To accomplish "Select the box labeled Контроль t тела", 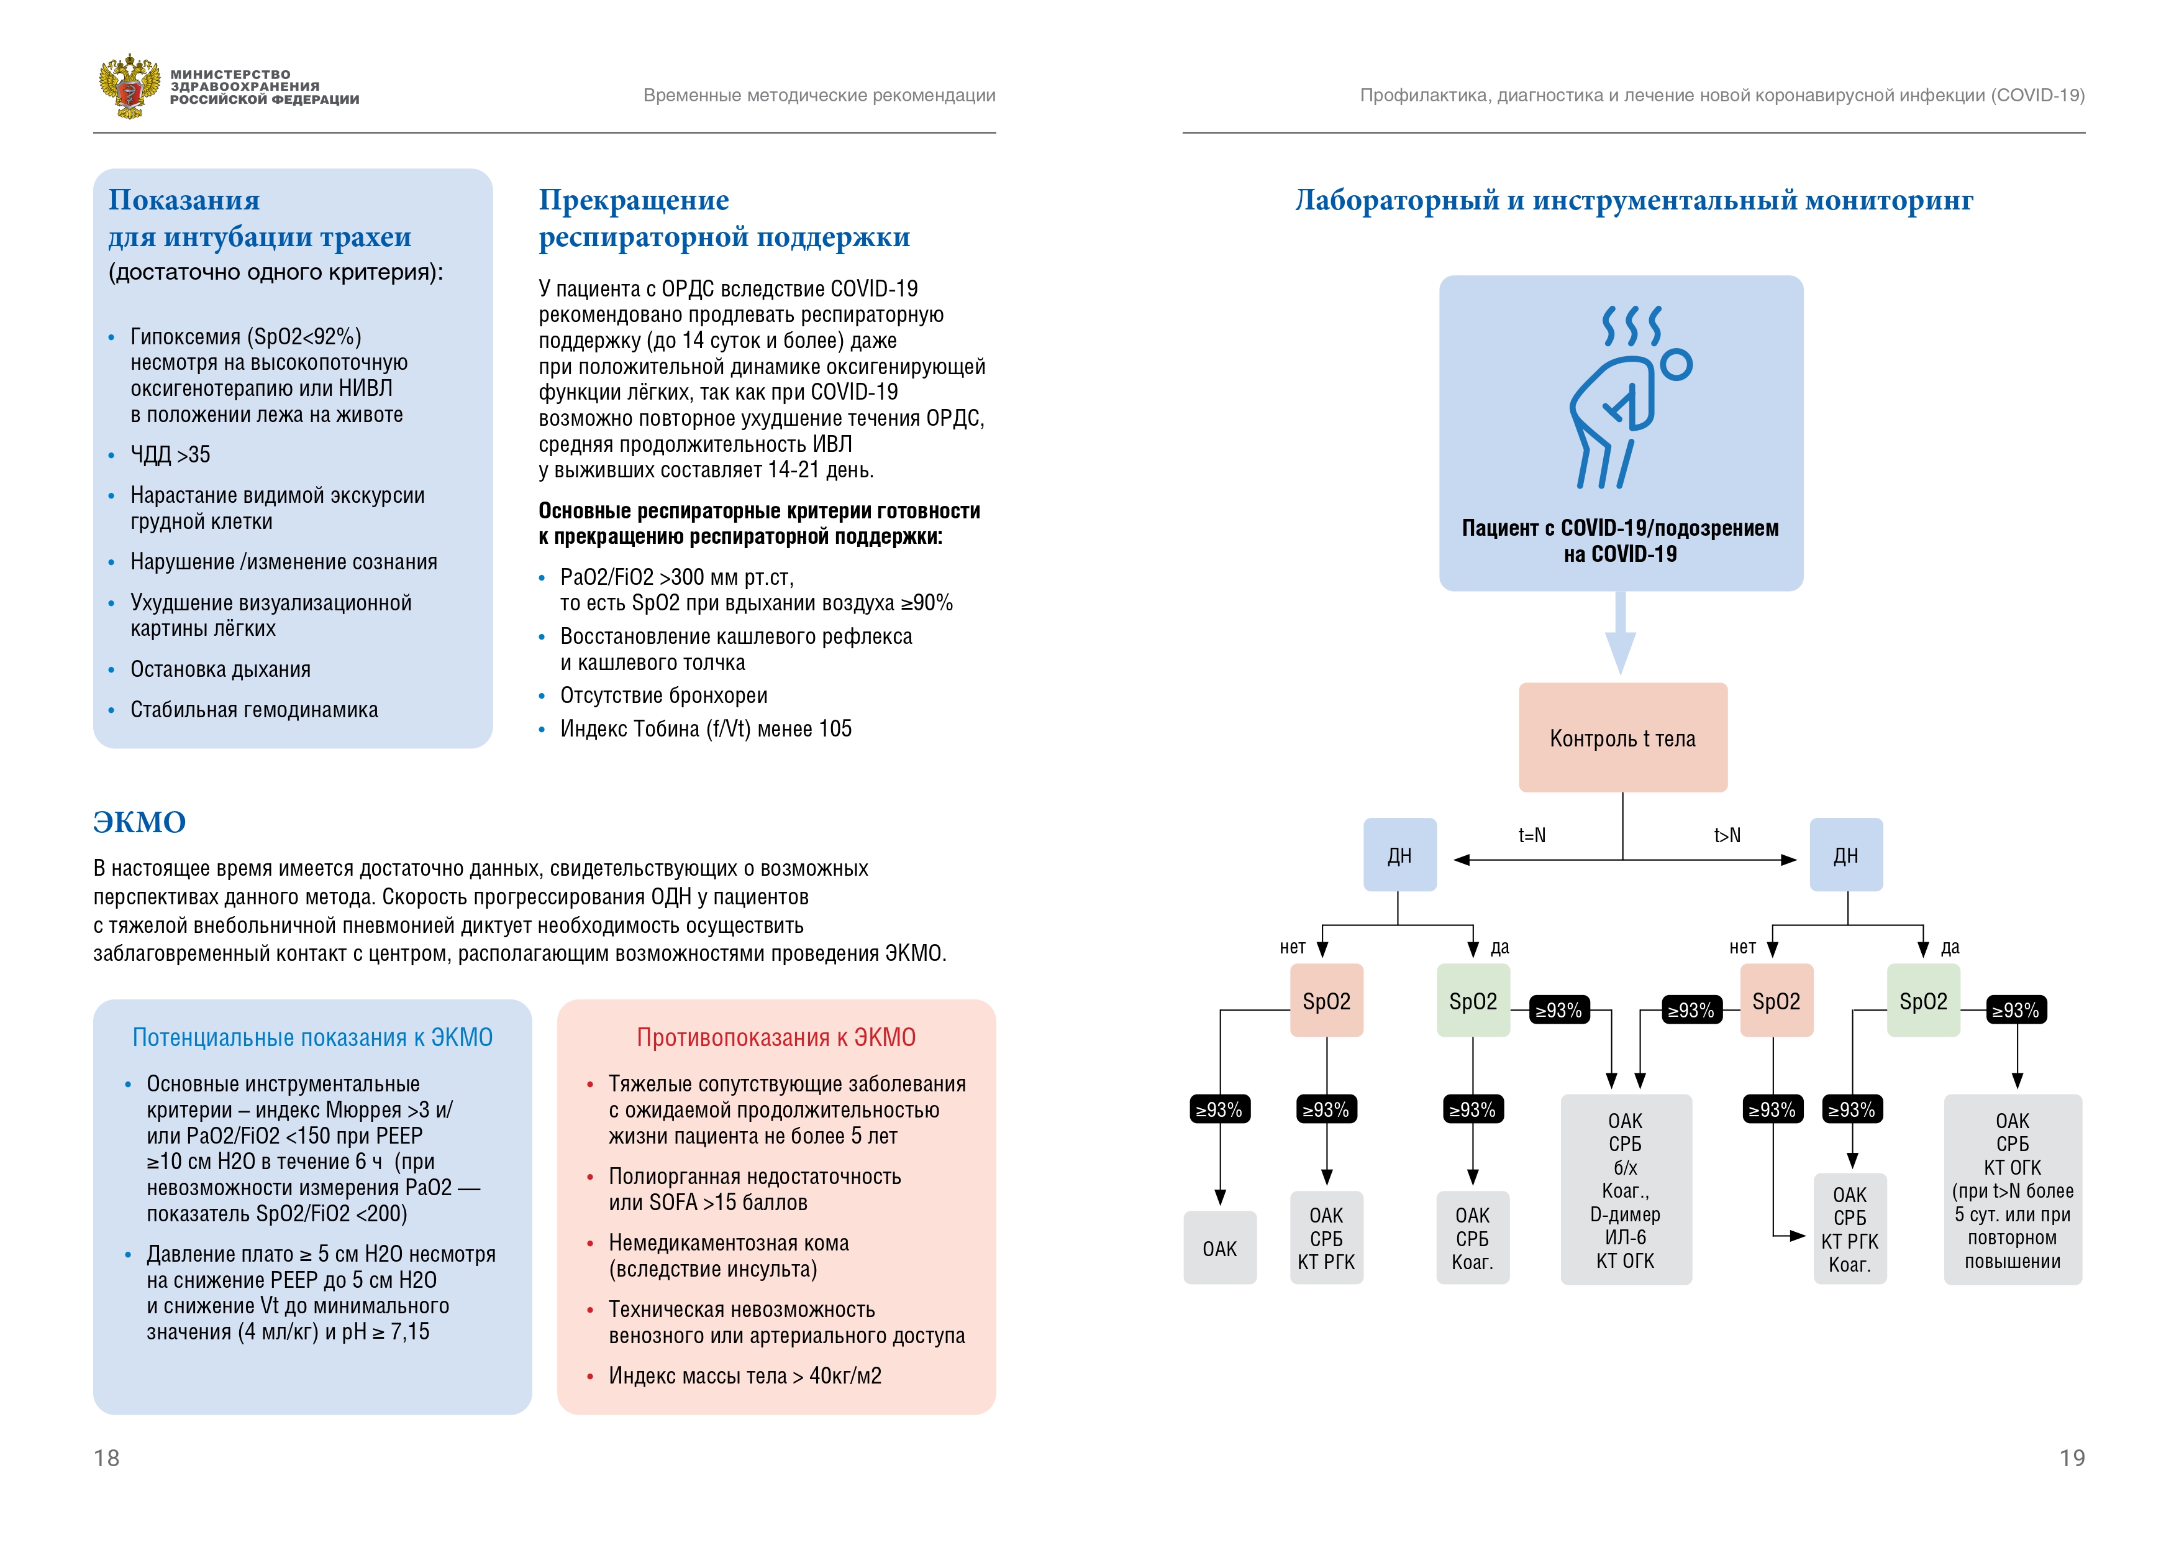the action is pos(1623,738).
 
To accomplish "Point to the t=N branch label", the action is pos(1532,835).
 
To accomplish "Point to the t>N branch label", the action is pos(1727,835).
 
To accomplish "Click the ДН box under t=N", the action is pos(1400,855).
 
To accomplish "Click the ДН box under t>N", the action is pos(1846,855).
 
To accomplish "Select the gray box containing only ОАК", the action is pos(1219,1247).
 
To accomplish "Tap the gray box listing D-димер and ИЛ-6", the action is pos(1626,1190).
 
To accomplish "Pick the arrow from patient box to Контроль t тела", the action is pos(1620,632).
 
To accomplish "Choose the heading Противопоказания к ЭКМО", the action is pos(776,1037).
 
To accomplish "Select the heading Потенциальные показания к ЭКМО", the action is pos(312,1037).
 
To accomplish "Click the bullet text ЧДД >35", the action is pos(170,455).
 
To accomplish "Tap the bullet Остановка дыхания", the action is pos(220,669).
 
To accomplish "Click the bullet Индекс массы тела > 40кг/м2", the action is pos(745,1376).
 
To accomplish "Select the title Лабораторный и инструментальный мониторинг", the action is pos(1634,200).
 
